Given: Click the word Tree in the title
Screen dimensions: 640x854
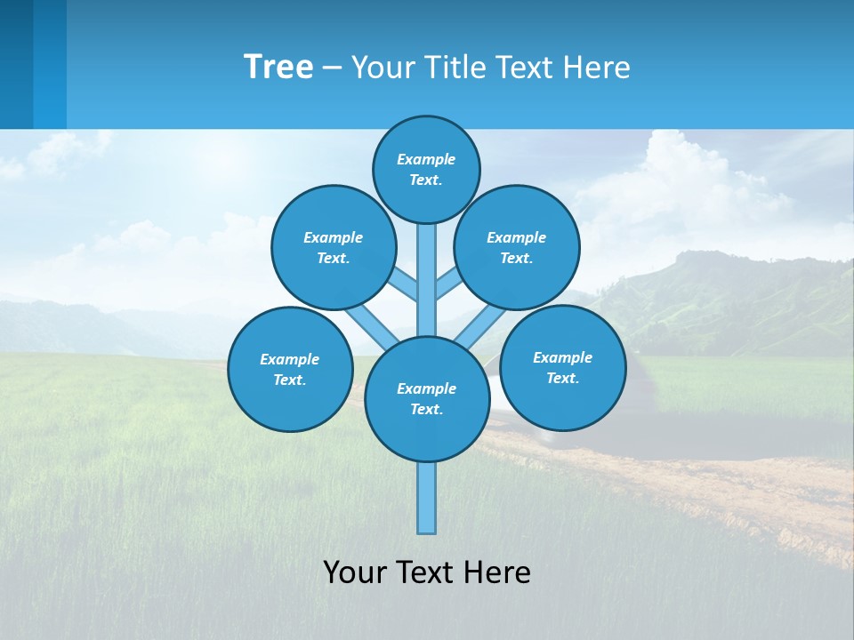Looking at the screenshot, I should pyautogui.click(x=278, y=68).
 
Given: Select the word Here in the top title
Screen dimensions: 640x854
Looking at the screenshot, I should pyautogui.click(x=598, y=68).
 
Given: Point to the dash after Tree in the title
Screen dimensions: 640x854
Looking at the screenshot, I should pyautogui.click(x=332, y=68).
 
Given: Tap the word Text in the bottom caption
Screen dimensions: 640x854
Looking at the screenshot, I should pyautogui.click(x=425, y=572).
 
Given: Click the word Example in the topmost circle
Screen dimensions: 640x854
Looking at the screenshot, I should pyautogui.click(x=426, y=160).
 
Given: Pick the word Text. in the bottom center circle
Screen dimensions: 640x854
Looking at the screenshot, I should pyautogui.click(x=426, y=410).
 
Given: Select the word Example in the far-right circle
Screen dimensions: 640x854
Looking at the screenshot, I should pyautogui.click(x=562, y=357).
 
